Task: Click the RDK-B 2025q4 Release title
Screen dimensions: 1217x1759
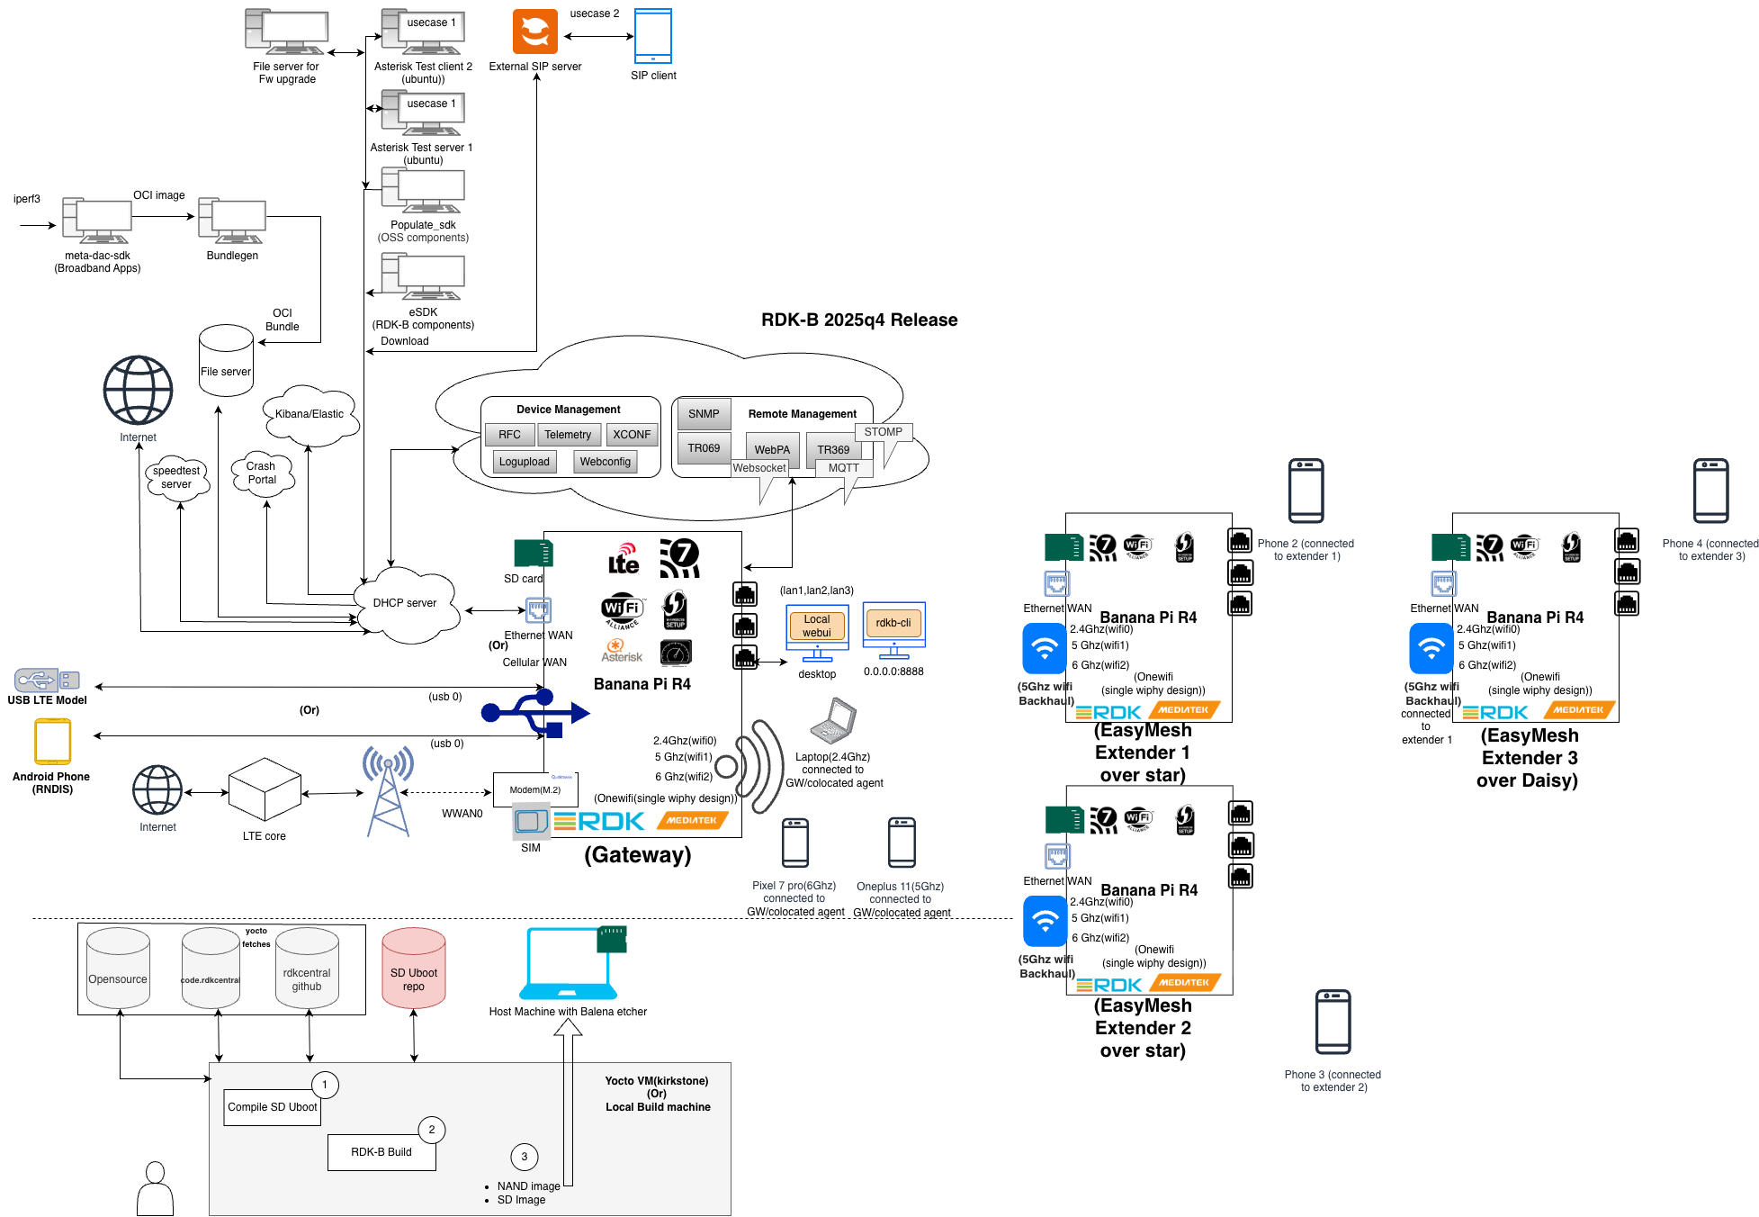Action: pos(859,320)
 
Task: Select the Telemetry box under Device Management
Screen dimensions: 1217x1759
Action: pos(568,435)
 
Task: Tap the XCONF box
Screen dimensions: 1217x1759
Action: pos(632,435)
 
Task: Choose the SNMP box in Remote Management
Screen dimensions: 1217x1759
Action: pos(704,414)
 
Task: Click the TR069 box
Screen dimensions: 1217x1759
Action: pos(704,448)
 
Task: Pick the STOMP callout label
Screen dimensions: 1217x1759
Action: pos(884,432)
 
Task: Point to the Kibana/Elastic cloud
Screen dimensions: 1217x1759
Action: pos(310,415)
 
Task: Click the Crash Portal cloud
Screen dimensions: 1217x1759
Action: pos(262,473)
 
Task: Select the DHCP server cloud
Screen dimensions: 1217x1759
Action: pos(406,603)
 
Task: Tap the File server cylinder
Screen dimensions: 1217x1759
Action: pos(226,362)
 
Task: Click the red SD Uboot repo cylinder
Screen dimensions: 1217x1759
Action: pos(414,969)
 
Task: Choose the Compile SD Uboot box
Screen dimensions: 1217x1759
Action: pos(273,1107)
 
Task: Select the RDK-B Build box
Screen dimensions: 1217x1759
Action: pos(381,1152)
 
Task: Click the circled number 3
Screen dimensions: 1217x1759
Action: pos(525,1157)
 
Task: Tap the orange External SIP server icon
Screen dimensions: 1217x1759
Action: pos(535,32)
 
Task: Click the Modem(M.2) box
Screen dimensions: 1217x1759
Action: pos(535,789)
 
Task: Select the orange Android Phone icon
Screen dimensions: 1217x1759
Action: pos(52,742)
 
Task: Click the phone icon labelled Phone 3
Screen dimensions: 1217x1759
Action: pos(1333,1022)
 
